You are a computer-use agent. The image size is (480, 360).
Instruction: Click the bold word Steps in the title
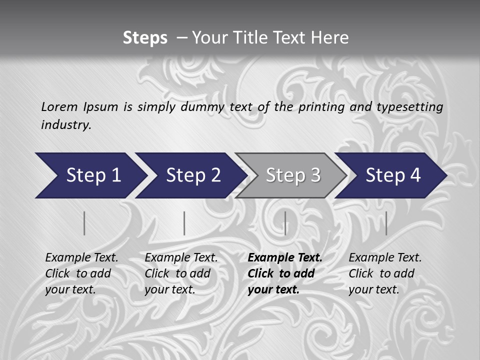pyautogui.click(x=145, y=38)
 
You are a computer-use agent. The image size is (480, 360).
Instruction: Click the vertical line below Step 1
pyautogui.click(x=84, y=223)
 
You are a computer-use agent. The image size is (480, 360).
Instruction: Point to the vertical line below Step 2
pyautogui.click(x=184, y=223)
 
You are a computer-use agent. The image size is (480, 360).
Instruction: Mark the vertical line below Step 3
pyautogui.click(x=285, y=223)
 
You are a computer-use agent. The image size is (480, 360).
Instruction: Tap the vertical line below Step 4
pyautogui.click(x=386, y=223)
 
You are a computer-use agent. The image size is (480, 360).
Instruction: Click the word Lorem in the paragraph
pyautogui.click(x=59, y=107)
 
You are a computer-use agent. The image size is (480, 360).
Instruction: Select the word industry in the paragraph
pyautogui.click(x=66, y=125)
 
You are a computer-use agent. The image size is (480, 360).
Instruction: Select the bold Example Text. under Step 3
pyautogui.click(x=285, y=258)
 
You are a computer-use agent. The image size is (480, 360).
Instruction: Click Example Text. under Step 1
pyautogui.click(x=81, y=258)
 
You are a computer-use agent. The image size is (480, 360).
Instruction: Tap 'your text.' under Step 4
pyautogui.click(x=374, y=289)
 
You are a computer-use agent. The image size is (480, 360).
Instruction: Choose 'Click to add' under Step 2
pyautogui.click(x=177, y=273)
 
